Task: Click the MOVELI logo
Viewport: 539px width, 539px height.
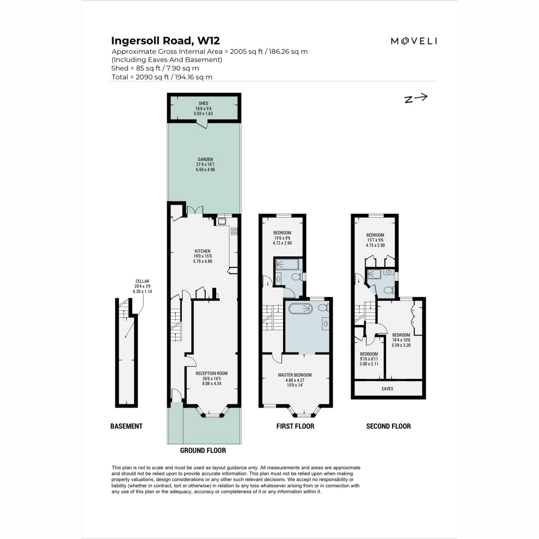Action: [414, 41]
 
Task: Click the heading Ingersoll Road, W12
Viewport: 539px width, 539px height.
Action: [165, 41]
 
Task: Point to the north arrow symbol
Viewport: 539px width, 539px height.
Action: [415, 98]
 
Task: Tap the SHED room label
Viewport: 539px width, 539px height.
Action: [203, 104]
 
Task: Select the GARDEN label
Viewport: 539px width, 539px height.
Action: [205, 159]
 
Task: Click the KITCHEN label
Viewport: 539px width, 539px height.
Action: [202, 252]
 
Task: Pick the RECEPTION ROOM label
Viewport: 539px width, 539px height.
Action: [212, 373]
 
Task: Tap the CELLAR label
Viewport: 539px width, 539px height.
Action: [142, 282]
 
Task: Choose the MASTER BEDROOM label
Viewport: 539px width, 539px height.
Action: [295, 375]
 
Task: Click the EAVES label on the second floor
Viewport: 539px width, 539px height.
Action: [387, 389]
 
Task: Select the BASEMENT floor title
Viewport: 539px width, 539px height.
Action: [126, 426]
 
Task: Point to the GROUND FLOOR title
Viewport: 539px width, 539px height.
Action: [203, 451]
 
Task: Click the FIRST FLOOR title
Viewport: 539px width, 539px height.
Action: [295, 426]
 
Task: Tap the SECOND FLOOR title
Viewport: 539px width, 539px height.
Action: [389, 426]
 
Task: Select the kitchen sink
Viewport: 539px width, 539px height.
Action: [222, 221]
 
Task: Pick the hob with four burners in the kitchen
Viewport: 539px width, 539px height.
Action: [234, 231]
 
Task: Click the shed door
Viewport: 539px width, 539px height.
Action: [203, 124]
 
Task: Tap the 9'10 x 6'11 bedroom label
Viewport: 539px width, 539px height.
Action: [369, 354]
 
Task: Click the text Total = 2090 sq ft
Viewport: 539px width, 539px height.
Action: [162, 77]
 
